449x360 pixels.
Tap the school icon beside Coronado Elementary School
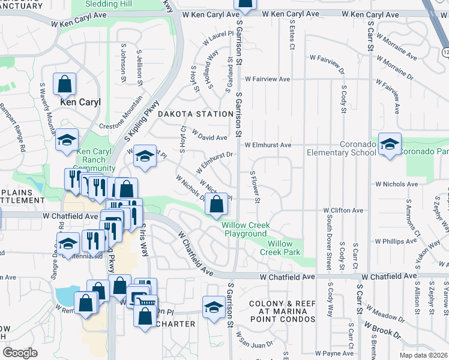390,145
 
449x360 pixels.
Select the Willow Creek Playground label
246,229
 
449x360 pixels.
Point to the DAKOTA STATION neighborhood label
195,114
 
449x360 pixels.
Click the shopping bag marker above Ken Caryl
64,85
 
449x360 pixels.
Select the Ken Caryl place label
80,102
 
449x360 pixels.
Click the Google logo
20,353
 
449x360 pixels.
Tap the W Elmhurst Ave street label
268,145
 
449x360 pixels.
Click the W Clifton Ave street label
343,211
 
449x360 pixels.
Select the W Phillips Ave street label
391,241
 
